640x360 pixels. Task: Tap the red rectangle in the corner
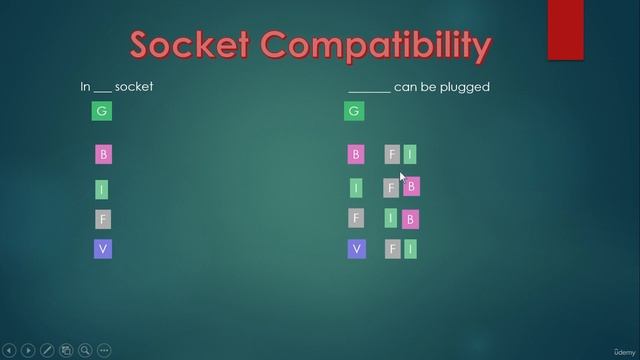click(x=565, y=30)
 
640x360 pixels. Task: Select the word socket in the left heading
click(x=134, y=87)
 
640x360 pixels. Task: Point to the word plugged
click(x=466, y=87)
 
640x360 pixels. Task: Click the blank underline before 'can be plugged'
click(x=369, y=89)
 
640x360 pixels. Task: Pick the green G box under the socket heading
click(x=101, y=111)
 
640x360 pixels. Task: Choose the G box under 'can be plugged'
click(x=353, y=111)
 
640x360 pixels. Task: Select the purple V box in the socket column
click(x=102, y=249)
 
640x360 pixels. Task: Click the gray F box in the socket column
click(x=102, y=219)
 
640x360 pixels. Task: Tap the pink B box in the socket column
click(x=103, y=155)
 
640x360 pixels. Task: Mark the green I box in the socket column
click(x=101, y=189)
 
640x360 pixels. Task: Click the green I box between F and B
click(x=392, y=218)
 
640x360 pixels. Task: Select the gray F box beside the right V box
click(x=392, y=249)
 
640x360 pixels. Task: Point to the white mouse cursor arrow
click(x=402, y=176)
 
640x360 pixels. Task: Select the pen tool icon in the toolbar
click(x=47, y=351)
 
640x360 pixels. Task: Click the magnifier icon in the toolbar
click(x=86, y=351)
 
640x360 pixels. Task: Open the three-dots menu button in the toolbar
click(x=105, y=351)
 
